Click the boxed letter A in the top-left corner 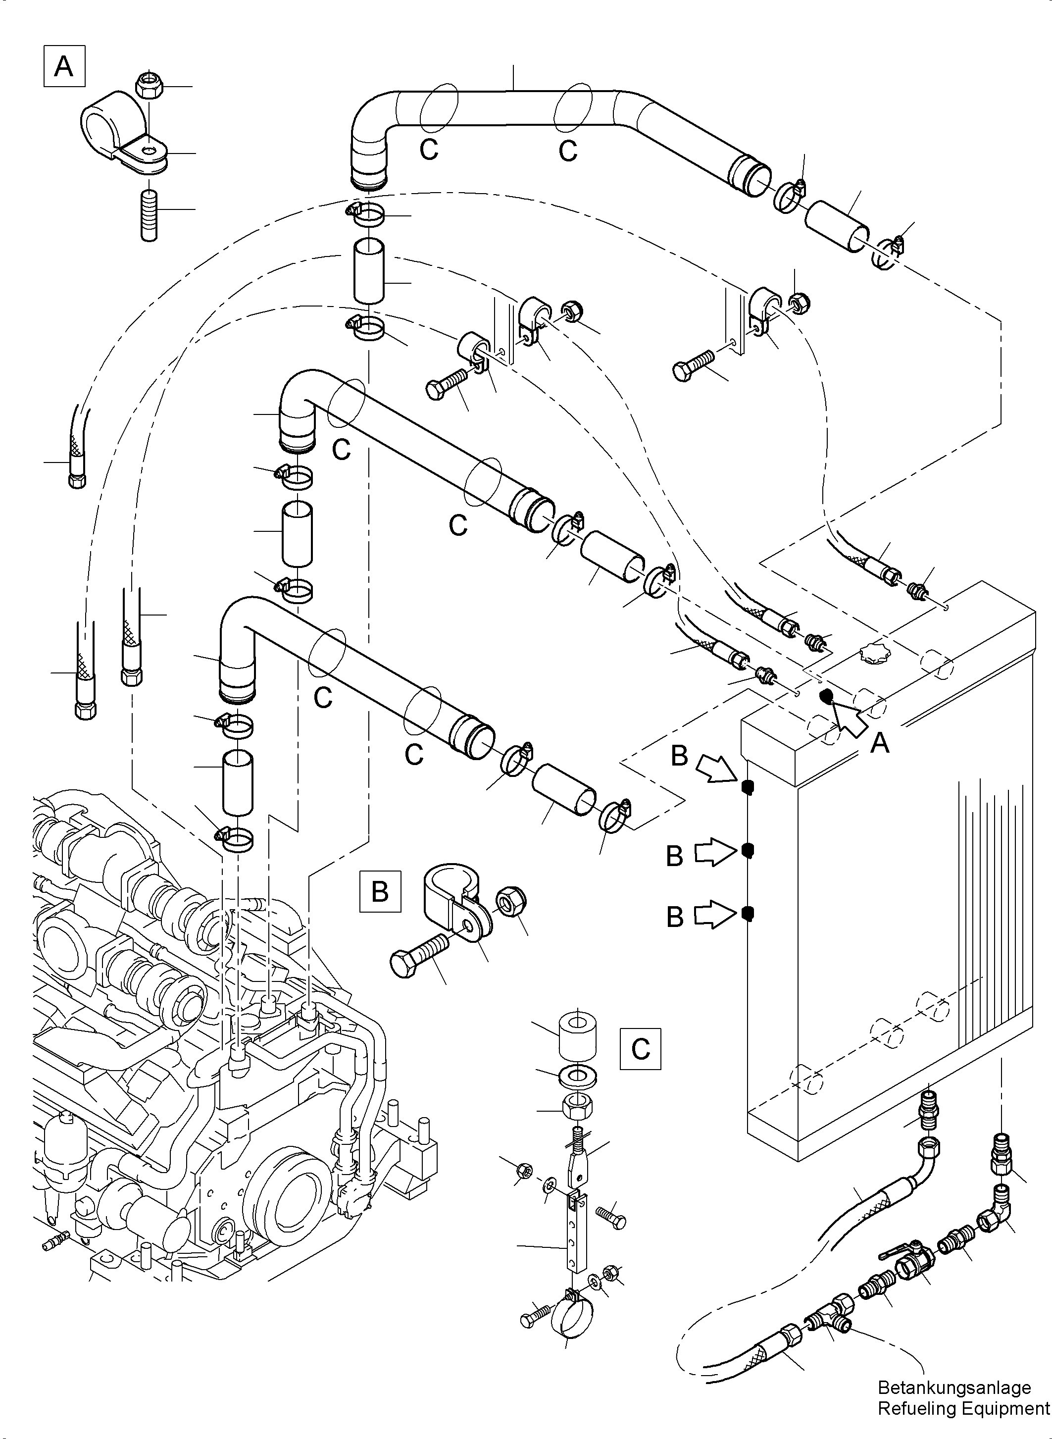64,66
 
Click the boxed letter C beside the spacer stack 640,1048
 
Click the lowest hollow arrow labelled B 713,916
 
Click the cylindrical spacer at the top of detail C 578,1039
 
